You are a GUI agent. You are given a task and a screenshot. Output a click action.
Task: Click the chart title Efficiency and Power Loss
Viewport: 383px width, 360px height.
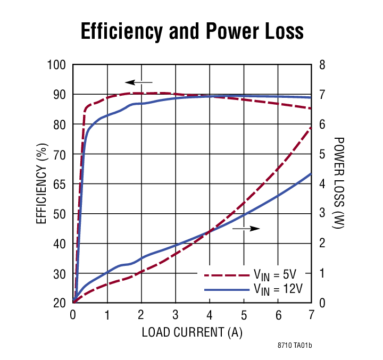(191, 31)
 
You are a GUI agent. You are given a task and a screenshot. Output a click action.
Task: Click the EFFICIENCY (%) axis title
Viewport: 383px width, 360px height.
(41, 183)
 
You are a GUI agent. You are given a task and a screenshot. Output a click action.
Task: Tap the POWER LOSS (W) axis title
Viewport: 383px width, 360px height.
(338, 183)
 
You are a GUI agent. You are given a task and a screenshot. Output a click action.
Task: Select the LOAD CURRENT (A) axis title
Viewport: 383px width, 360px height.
(192, 332)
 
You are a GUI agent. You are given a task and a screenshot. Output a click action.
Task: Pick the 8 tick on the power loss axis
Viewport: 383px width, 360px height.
(321, 65)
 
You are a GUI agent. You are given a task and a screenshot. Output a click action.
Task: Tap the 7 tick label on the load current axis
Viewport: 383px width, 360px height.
(312, 314)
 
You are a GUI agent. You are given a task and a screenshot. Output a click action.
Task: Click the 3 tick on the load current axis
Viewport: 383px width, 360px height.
(176, 314)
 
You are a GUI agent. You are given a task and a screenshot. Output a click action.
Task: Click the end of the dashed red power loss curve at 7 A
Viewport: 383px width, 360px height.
(311, 128)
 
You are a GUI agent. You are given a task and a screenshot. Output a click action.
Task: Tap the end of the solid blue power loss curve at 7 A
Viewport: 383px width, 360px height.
(311, 173)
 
